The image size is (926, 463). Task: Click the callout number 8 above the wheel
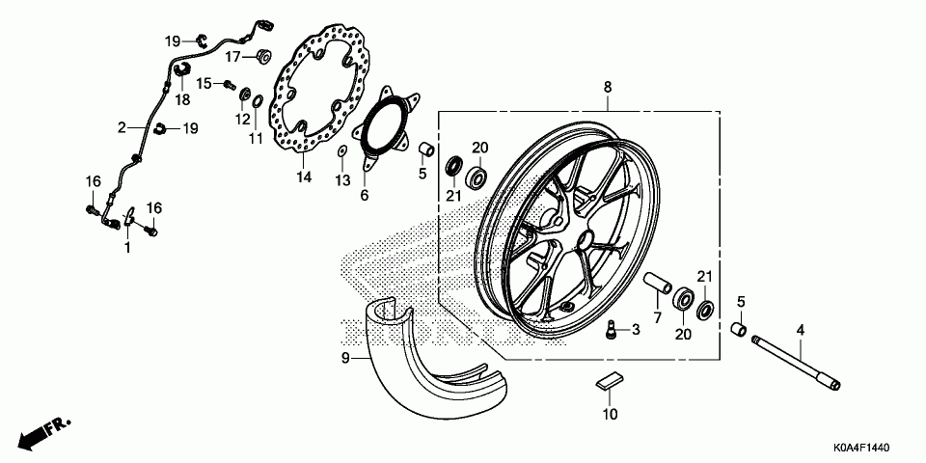tap(608, 88)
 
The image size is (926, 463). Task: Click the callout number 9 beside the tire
tap(343, 358)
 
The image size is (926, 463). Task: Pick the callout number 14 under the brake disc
tap(303, 177)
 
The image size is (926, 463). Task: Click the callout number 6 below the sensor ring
tap(364, 195)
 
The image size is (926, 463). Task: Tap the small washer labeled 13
tap(343, 151)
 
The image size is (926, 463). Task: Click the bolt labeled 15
tap(230, 85)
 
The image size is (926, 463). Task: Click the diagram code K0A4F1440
tap(874, 449)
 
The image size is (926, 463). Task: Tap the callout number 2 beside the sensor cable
tap(123, 126)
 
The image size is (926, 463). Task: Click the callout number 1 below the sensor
tap(125, 248)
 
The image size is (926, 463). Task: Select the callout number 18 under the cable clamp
tap(182, 98)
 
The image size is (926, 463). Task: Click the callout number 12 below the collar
tap(243, 120)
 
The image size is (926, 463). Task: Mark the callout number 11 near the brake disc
tap(256, 139)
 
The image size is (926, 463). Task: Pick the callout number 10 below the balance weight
tap(609, 416)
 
